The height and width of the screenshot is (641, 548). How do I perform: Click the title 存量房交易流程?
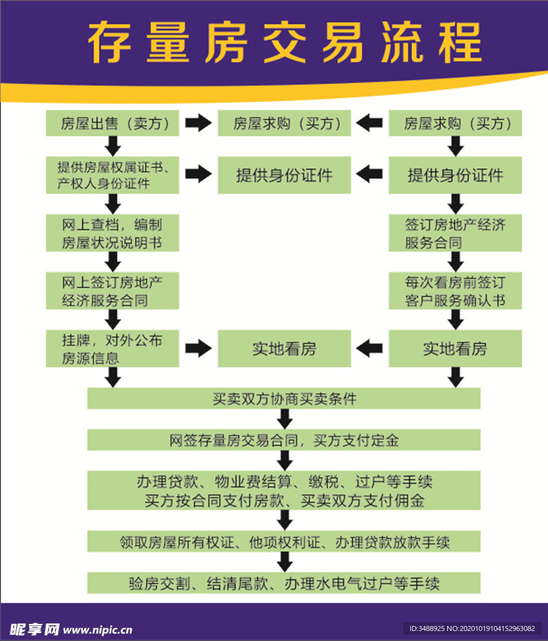pos(285,43)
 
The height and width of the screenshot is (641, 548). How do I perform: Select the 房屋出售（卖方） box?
pos(112,123)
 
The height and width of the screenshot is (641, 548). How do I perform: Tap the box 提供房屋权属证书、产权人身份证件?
pos(112,175)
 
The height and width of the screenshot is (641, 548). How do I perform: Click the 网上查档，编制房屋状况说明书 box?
pos(112,233)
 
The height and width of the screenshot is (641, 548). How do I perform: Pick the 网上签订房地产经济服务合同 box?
pos(112,290)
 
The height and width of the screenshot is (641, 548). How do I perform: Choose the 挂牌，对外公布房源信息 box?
pos(112,349)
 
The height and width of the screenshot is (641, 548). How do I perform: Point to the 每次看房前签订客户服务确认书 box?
pos(455,290)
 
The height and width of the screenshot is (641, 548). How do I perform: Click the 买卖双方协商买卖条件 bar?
pos(284,398)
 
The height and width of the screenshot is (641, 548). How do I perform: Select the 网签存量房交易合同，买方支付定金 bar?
pos(284,440)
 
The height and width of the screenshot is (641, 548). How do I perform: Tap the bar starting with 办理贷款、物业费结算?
pos(284,491)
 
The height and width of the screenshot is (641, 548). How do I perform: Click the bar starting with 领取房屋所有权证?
pos(284,541)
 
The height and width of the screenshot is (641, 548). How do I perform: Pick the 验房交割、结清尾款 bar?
pos(284,583)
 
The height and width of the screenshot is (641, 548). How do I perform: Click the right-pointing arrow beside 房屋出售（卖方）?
pos(199,123)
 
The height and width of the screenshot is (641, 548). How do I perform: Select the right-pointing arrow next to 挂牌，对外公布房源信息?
pos(199,349)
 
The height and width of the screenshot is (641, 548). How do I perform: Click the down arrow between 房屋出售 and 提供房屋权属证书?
pos(113,146)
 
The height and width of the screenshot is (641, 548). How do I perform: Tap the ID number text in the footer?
pos(472,628)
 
